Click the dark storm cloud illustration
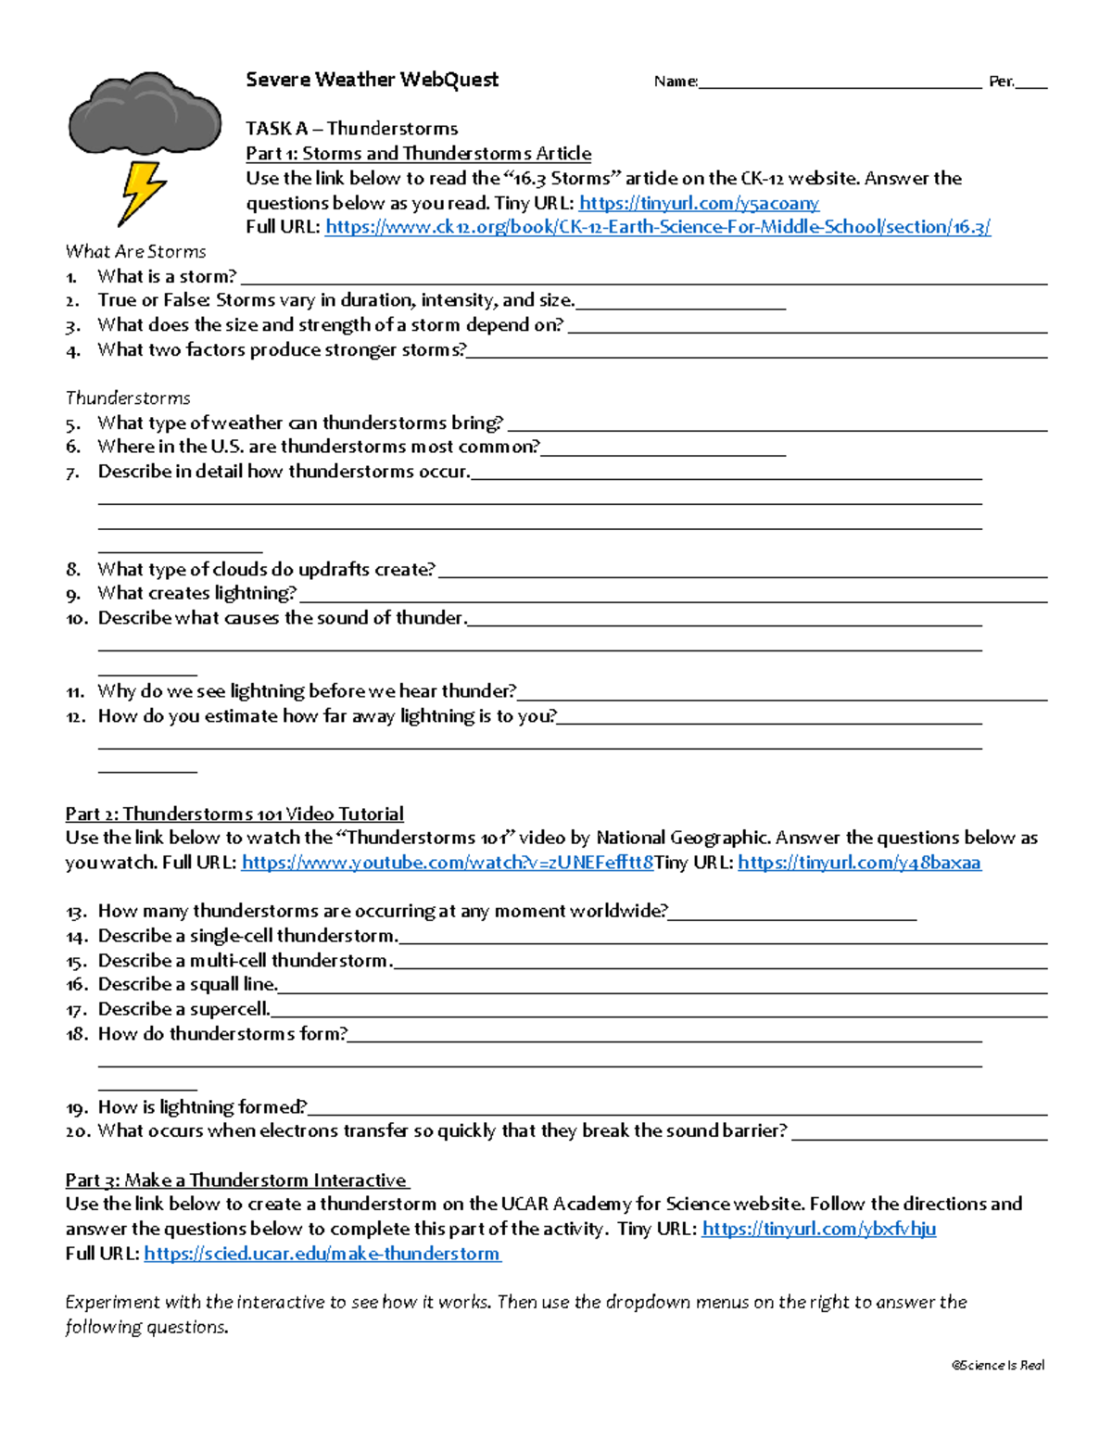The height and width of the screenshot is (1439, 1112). pyautogui.click(x=145, y=113)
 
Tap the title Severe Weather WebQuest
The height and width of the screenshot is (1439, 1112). pyautogui.click(x=372, y=80)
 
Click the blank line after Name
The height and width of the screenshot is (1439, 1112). pyautogui.click(x=840, y=83)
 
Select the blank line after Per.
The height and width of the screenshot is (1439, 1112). pyautogui.click(x=1031, y=83)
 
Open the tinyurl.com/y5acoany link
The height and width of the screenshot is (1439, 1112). pyautogui.click(x=699, y=203)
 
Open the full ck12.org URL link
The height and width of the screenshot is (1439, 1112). pyautogui.click(x=658, y=227)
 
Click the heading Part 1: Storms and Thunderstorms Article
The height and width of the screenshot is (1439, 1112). pyautogui.click(x=418, y=154)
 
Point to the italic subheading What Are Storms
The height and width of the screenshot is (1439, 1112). pyautogui.click(x=135, y=251)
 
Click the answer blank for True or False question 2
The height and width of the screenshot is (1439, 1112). pyautogui.click(x=680, y=304)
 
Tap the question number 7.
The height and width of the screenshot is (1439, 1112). pyautogui.click(x=72, y=473)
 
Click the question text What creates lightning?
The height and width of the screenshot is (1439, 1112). pyautogui.click(x=196, y=593)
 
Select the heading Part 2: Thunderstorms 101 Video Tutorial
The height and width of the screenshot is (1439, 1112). pyautogui.click(x=234, y=814)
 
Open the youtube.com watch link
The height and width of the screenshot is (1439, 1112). pyautogui.click(x=447, y=863)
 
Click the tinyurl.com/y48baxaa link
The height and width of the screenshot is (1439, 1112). pyautogui.click(x=859, y=863)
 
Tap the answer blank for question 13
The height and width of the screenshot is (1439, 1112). pyautogui.click(x=792, y=915)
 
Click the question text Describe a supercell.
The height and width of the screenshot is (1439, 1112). pyautogui.click(x=183, y=1009)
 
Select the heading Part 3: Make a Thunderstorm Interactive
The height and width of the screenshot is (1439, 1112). pyautogui.click(x=236, y=1180)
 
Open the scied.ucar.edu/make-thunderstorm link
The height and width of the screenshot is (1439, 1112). pyautogui.click(x=322, y=1254)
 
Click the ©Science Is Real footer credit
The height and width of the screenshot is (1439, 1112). pyautogui.click(x=998, y=1365)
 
